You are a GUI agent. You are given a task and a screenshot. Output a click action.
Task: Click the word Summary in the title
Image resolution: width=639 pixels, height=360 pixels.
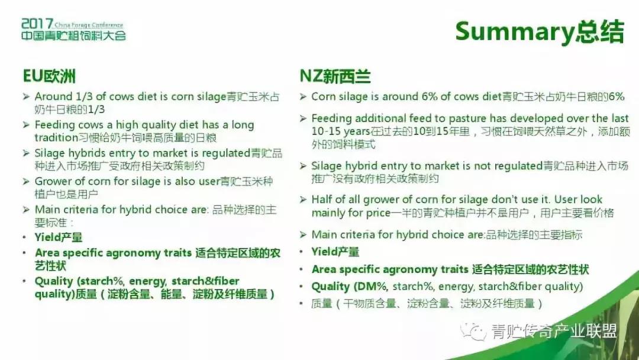coord(515,32)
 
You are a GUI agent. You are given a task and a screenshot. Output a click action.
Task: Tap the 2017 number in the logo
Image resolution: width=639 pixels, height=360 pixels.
coord(37,24)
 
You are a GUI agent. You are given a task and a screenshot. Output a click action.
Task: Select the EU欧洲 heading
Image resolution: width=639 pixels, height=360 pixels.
coord(49,76)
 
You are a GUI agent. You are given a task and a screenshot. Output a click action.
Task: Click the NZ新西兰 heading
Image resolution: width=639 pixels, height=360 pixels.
coord(335,76)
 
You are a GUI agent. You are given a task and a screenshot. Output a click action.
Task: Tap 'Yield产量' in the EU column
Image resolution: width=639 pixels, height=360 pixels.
coord(58,237)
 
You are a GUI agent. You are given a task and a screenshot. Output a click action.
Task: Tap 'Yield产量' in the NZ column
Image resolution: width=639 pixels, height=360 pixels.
coord(335,252)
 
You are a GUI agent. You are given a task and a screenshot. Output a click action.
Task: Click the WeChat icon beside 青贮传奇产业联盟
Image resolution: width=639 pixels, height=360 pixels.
coord(473,332)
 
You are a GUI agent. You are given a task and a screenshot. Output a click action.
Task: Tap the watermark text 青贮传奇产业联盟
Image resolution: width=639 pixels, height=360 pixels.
coord(554,331)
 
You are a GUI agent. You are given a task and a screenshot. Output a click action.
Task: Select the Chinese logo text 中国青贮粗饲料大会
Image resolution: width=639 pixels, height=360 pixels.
coord(74,36)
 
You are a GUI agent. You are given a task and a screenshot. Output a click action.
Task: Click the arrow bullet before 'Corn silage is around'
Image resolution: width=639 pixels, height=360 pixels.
coord(303,97)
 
